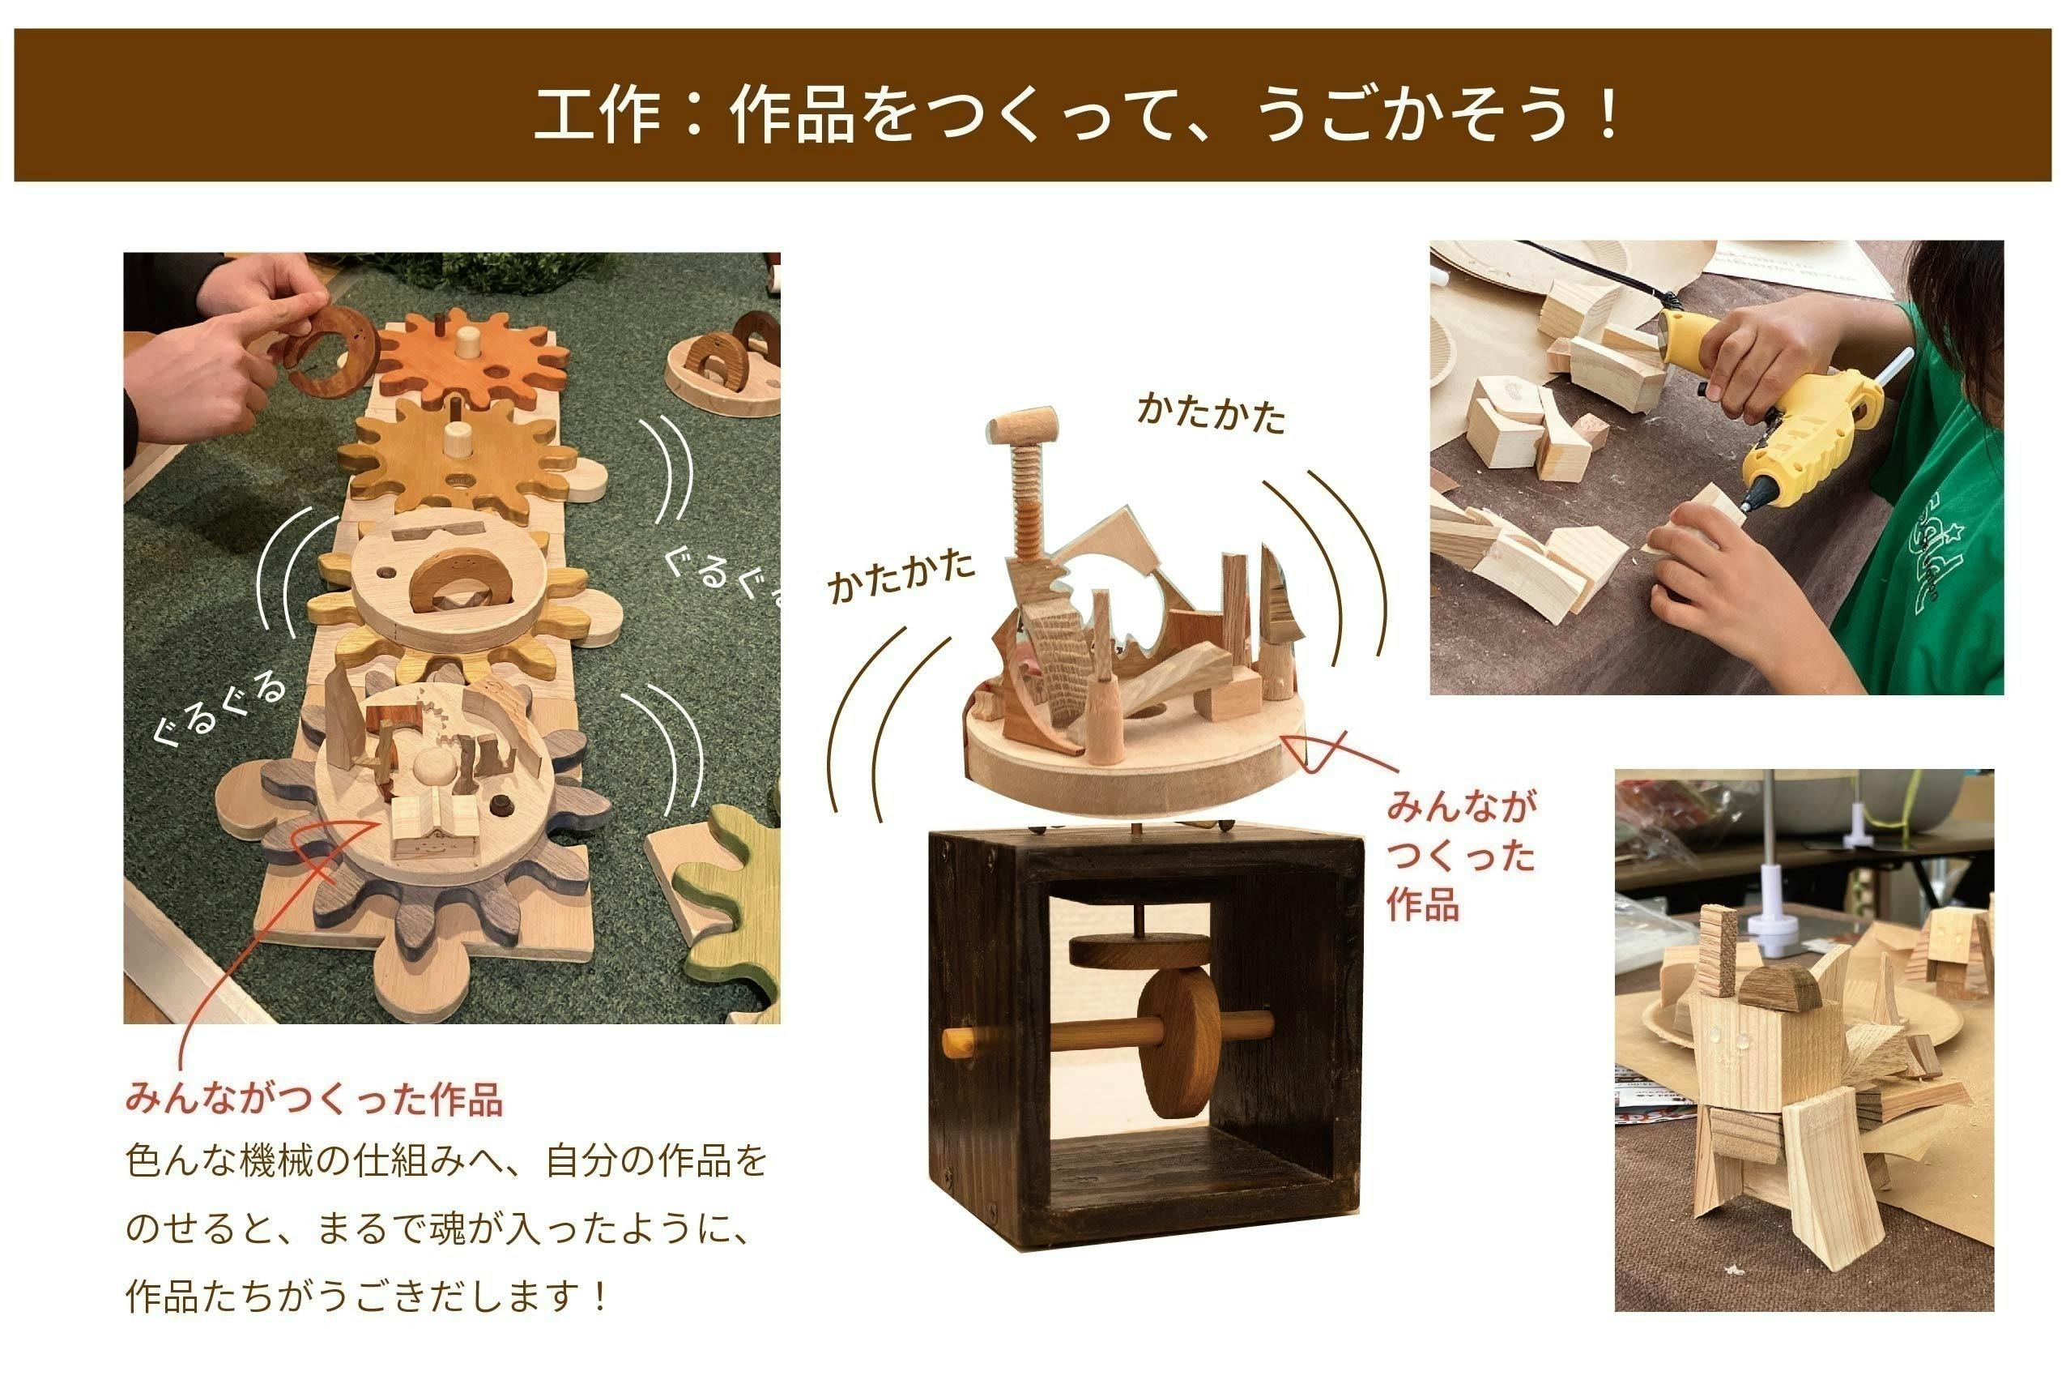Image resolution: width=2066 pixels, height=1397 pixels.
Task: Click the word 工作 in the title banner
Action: [x=597, y=115]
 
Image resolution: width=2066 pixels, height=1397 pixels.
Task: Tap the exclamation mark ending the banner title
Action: [x=1608, y=115]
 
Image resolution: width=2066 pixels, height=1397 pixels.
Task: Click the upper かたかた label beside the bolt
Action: [x=1211, y=414]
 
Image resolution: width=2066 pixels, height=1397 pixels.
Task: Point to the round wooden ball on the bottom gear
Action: [x=434, y=766]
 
